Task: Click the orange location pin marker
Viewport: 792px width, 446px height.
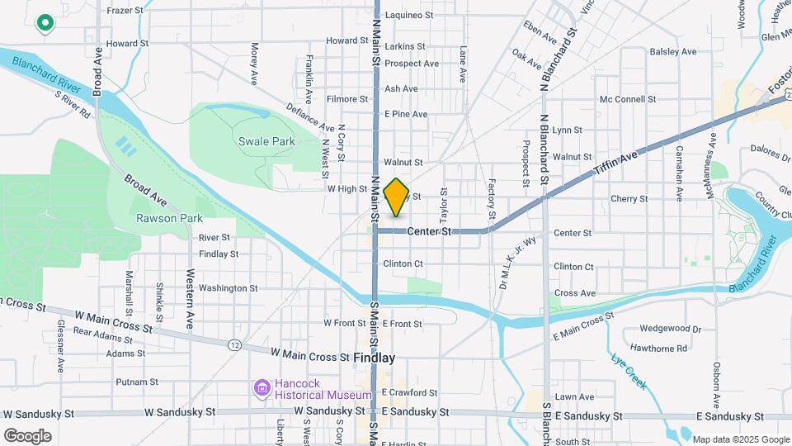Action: point(397,197)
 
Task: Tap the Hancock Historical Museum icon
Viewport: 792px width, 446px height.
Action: point(262,387)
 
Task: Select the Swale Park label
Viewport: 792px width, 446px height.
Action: point(266,141)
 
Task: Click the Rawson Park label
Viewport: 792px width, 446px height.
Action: point(170,218)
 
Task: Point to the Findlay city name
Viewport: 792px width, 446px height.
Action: point(374,358)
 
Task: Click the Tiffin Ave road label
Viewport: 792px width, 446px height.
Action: point(616,164)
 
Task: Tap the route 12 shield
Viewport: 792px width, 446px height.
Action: point(236,344)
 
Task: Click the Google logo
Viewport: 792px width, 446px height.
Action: point(27,435)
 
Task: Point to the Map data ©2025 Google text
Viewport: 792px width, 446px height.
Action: point(739,439)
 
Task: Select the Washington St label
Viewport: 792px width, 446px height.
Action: point(229,288)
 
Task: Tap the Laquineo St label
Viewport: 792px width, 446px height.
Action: point(409,15)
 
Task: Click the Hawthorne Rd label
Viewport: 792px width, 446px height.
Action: point(658,349)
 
